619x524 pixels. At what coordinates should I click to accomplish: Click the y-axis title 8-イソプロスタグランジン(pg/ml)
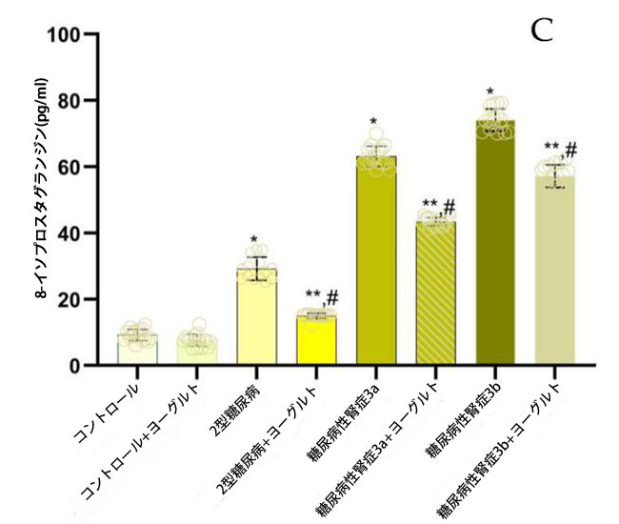tap(44, 200)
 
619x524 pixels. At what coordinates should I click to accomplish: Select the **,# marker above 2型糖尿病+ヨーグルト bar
tap(323, 296)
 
